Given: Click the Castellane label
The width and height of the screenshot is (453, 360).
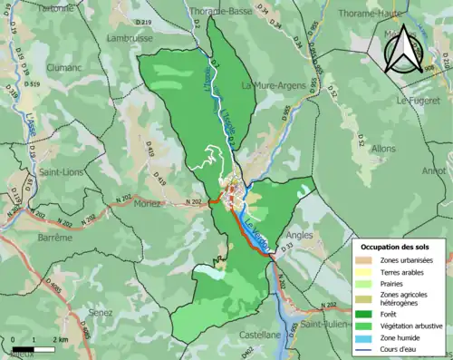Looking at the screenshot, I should click(x=259, y=335).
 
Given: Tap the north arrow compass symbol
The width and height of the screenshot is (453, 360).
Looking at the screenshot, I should click(x=406, y=49).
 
